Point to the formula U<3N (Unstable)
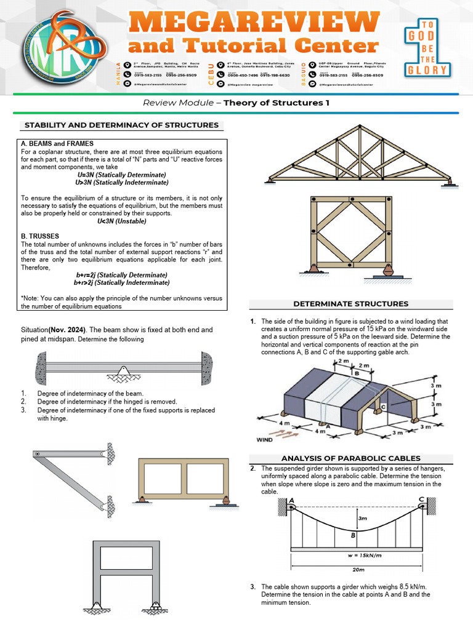[121, 220]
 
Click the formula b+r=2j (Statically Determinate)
[121, 274]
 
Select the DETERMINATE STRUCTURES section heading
[350, 304]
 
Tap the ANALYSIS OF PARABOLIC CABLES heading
[350, 458]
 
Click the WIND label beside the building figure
[264, 441]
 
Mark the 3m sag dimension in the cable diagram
[363, 518]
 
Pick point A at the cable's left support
[291, 500]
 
